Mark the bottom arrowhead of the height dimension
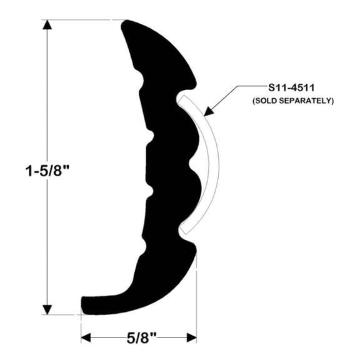[x=47, y=309]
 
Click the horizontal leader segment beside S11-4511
[x=243, y=87]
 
